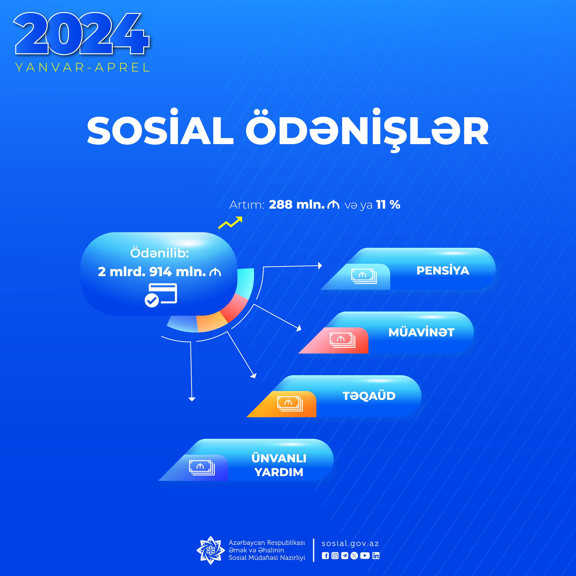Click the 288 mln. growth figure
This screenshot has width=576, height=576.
pyautogui.click(x=304, y=205)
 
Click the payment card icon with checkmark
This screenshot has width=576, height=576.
pyautogui.click(x=161, y=295)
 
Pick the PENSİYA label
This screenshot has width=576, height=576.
pyautogui.click(x=443, y=270)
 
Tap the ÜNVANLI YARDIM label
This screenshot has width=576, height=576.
pyautogui.click(x=279, y=465)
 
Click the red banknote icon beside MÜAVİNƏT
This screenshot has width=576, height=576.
pyautogui.click(x=342, y=340)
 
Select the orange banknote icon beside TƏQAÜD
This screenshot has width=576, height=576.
pyautogui.click(x=290, y=404)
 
